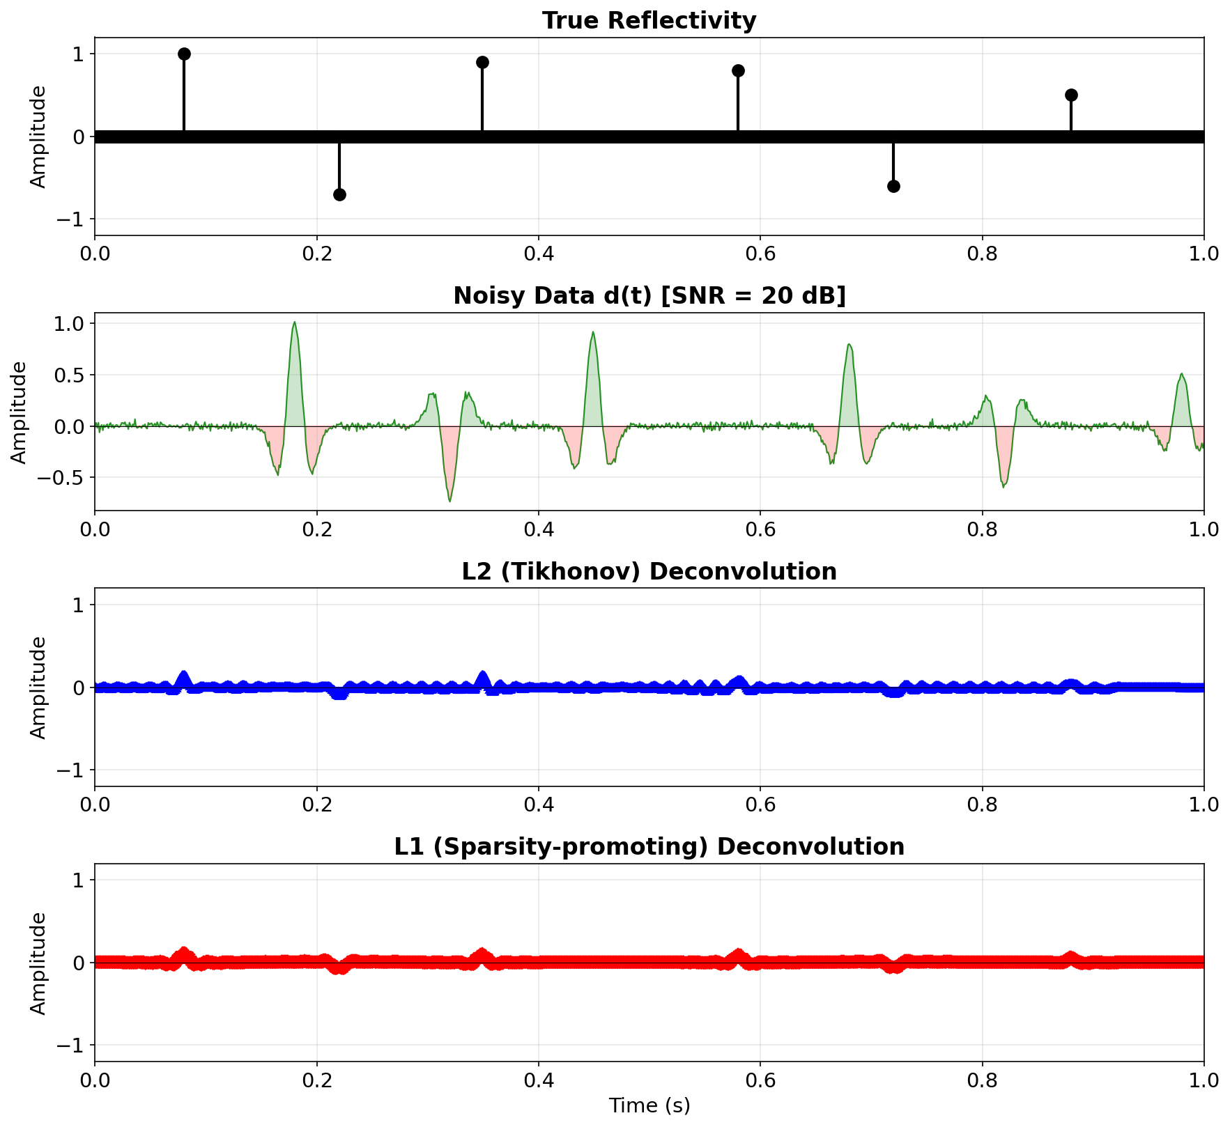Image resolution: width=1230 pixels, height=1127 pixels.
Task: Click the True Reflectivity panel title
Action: pos(649,21)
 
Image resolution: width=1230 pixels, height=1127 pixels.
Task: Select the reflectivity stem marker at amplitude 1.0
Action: pos(184,54)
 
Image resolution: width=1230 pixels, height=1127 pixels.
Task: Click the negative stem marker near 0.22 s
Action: pos(339,194)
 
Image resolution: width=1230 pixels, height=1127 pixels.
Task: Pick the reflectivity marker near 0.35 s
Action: pos(482,63)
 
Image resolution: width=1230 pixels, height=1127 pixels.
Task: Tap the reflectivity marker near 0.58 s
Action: pos(738,71)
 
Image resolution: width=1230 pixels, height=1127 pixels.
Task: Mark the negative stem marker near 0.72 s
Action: pos(893,186)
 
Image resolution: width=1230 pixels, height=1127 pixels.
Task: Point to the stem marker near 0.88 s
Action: pos(1071,95)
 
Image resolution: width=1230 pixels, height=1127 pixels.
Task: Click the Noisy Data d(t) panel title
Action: pos(649,296)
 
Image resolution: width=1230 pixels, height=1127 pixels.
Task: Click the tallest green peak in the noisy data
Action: pos(294,323)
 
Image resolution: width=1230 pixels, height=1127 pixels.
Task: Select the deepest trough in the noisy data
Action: pos(449,500)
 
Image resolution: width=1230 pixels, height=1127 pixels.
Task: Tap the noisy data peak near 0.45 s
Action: pos(592,333)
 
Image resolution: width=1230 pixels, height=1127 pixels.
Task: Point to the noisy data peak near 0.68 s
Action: pos(848,345)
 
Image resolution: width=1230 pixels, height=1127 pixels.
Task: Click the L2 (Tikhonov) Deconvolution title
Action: pos(649,572)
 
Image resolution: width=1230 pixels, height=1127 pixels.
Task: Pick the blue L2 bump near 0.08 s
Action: pos(184,676)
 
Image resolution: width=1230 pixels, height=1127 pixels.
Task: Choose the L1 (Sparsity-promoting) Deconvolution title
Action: pos(649,847)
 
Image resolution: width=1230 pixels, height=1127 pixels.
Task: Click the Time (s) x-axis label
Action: pos(649,1105)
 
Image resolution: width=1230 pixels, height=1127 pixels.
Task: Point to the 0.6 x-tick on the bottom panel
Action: pos(760,1080)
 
